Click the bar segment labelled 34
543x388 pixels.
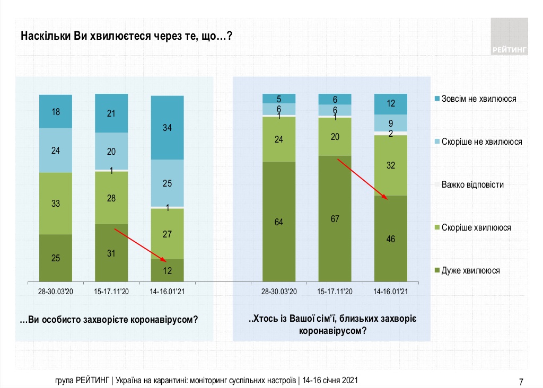coord(168,128)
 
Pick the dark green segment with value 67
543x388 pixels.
coord(335,218)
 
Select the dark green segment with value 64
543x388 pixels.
coord(279,222)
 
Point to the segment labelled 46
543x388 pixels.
coord(391,239)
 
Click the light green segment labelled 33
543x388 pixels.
coord(56,203)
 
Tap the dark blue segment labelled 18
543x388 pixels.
coord(56,111)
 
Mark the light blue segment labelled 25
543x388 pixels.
coord(168,183)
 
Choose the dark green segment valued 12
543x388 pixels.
coord(168,270)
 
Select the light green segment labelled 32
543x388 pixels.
coord(391,165)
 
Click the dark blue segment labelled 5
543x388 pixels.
coord(279,98)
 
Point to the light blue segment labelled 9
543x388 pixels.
coord(391,122)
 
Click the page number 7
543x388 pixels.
coord(521,382)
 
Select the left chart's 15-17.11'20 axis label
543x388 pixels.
coord(111,292)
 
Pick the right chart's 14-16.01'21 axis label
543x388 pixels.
coord(391,292)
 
